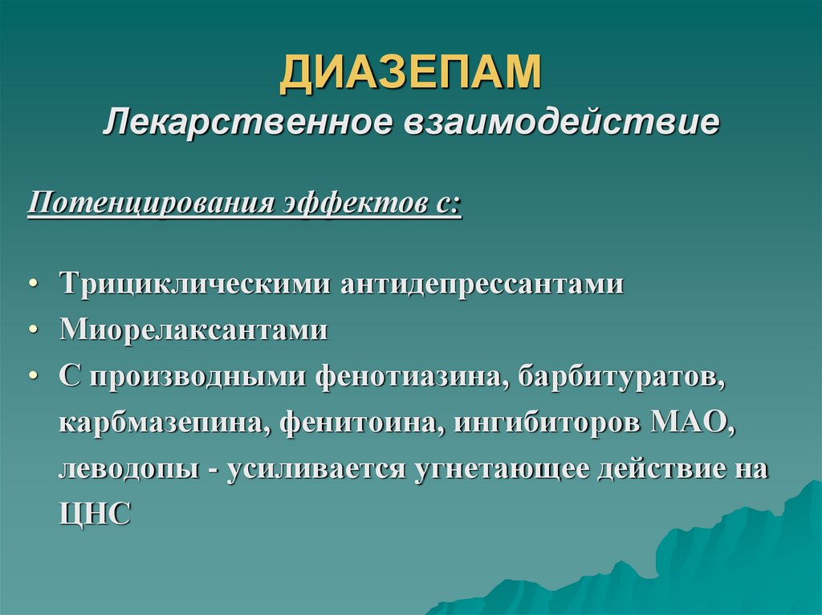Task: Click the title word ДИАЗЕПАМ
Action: coord(410,73)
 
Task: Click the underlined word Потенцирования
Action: coord(148,203)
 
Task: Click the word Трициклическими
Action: coord(196,284)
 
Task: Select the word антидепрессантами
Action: coord(482,284)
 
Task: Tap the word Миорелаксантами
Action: coord(193,330)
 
